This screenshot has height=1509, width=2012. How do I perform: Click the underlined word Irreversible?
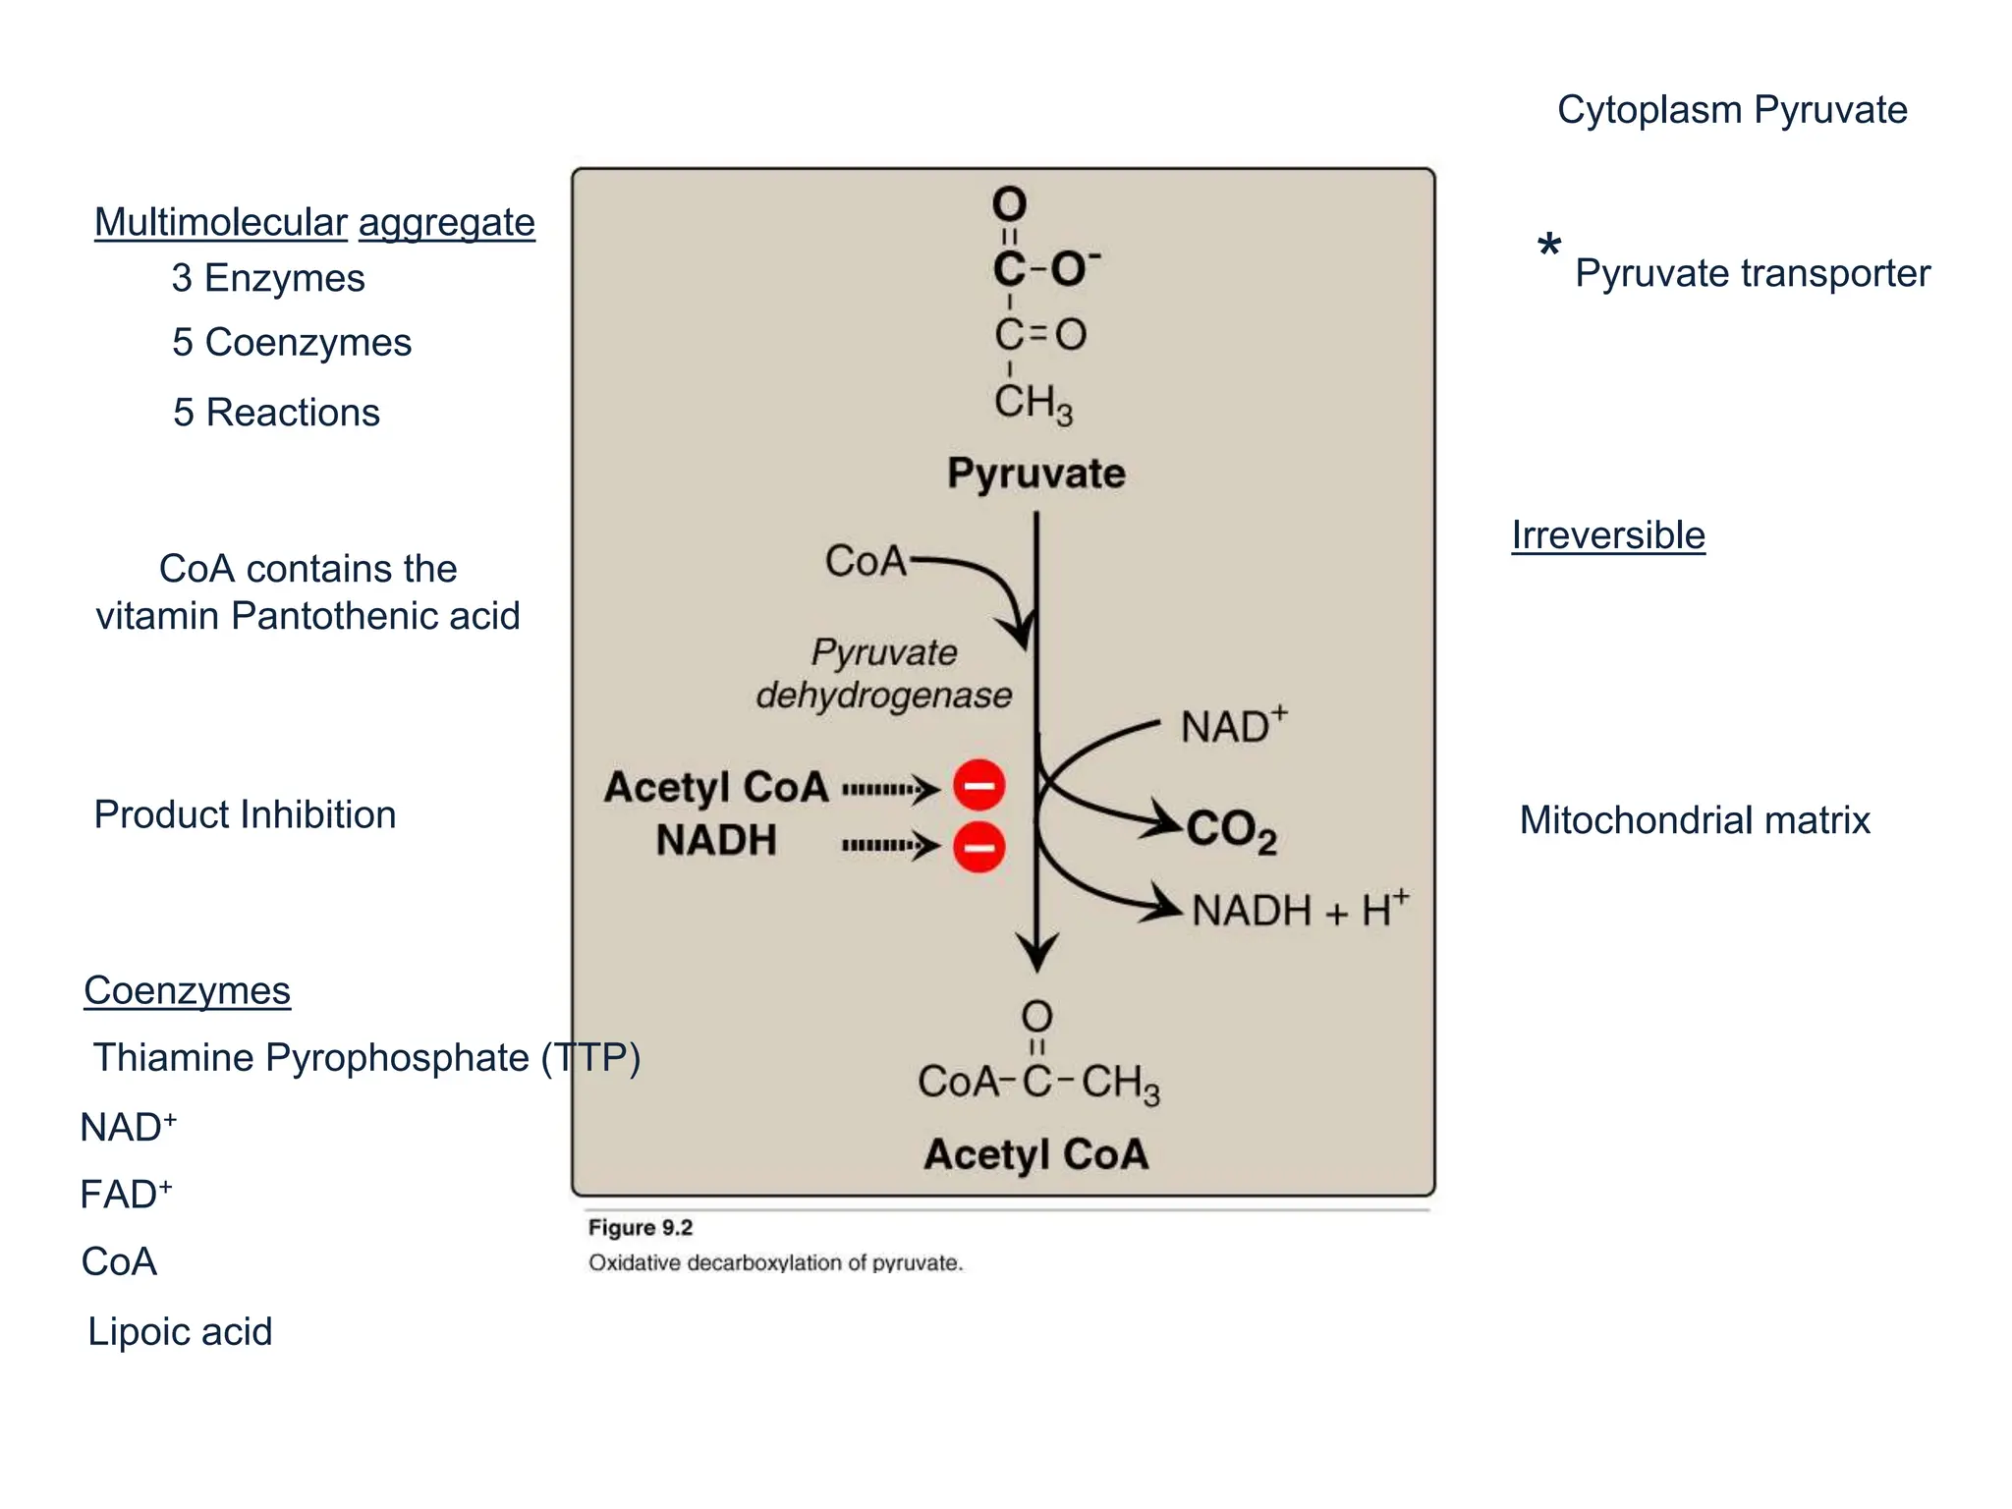pyautogui.click(x=1607, y=535)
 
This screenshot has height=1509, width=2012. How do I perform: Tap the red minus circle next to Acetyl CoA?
pyautogui.click(x=978, y=785)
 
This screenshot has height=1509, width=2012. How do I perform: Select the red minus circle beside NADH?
pyautogui.click(x=978, y=847)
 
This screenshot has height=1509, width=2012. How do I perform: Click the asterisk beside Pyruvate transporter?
pyautogui.click(x=1548, y=247)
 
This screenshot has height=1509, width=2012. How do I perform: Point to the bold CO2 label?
pyautogui.click(x=1230, y=831)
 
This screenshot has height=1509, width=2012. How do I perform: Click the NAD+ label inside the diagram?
pyautogui.click(x=1233, y=726)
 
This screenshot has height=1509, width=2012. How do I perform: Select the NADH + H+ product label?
pyautogui.click(x=1299, y=910)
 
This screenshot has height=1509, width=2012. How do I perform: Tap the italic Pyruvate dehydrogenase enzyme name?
pyautogui.click(x=883, y=674)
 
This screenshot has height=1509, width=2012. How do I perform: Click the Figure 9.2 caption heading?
pyautogui.click(x=641, y=1227)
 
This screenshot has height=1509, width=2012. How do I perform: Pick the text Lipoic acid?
pyautogui.click(x=180, y=1332)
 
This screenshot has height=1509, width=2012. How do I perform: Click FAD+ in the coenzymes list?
pyautogui.click(x=126, y=1195)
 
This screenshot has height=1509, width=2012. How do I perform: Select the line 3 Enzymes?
pyautogui.click(x=268, y=278)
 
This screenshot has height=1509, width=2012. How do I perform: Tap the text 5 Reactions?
pyautogui.click(x=276, y=413)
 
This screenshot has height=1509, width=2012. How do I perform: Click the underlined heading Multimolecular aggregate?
pyautogui.click(x=314, y=223)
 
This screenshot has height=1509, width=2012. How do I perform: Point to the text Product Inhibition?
pyautogui.click(x=245, y=814)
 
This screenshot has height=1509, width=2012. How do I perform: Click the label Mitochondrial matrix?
pyautogui.click(x=1694, y=820)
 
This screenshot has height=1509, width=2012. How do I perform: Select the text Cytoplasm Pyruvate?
pyautogui.click(x=1731, y=110)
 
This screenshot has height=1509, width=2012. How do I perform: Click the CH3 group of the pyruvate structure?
pyautogui.click(x=1033, y=403)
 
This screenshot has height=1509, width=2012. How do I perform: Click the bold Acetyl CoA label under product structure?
pyautogui.click(x=1035, y=1154)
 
